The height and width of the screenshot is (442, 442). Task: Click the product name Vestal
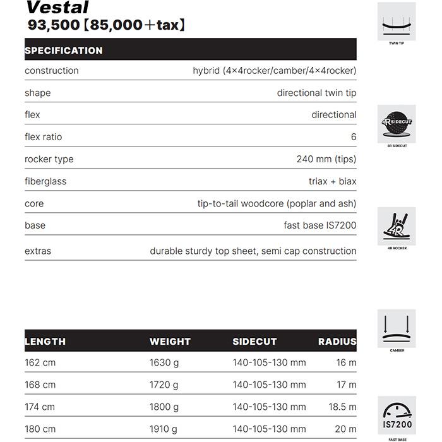57,8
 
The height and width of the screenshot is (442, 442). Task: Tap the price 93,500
48,26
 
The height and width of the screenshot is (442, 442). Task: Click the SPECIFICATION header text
63,51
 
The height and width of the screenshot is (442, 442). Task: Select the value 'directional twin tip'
316,93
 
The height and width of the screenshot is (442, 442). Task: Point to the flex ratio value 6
354,137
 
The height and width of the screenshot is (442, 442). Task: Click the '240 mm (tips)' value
326,159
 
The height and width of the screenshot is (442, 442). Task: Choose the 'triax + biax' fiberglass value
332,181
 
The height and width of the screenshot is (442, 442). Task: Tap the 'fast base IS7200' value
320,225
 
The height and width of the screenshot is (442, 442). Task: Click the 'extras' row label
38,251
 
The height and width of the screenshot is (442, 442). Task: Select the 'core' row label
34,203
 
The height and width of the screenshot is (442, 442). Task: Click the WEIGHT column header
170,342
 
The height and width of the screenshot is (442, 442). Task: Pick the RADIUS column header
337,342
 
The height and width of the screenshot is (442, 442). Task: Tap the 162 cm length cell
40,362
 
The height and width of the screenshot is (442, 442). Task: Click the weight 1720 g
164,385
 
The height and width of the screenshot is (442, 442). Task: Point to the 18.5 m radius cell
342,407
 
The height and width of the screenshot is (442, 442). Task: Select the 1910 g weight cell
164,429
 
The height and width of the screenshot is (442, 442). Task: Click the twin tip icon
397,22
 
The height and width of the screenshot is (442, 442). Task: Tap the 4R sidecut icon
397,124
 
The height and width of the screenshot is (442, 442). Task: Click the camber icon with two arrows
397,328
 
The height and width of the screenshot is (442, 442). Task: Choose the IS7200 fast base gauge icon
397,415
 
